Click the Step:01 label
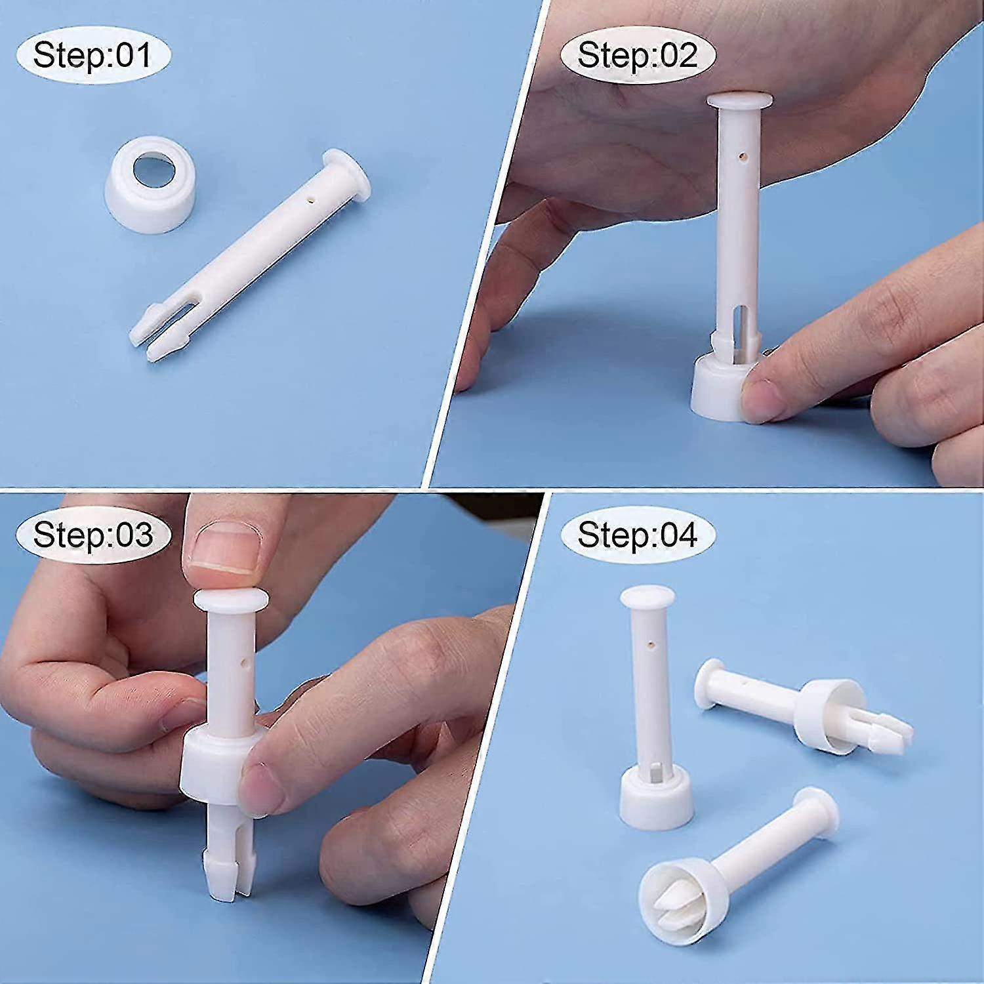coord(92,54)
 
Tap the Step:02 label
coord(637,54)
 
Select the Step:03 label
coord(92,534)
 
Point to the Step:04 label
coord(637,534)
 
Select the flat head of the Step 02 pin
coord(739,102)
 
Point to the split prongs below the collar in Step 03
coord(226,866)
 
